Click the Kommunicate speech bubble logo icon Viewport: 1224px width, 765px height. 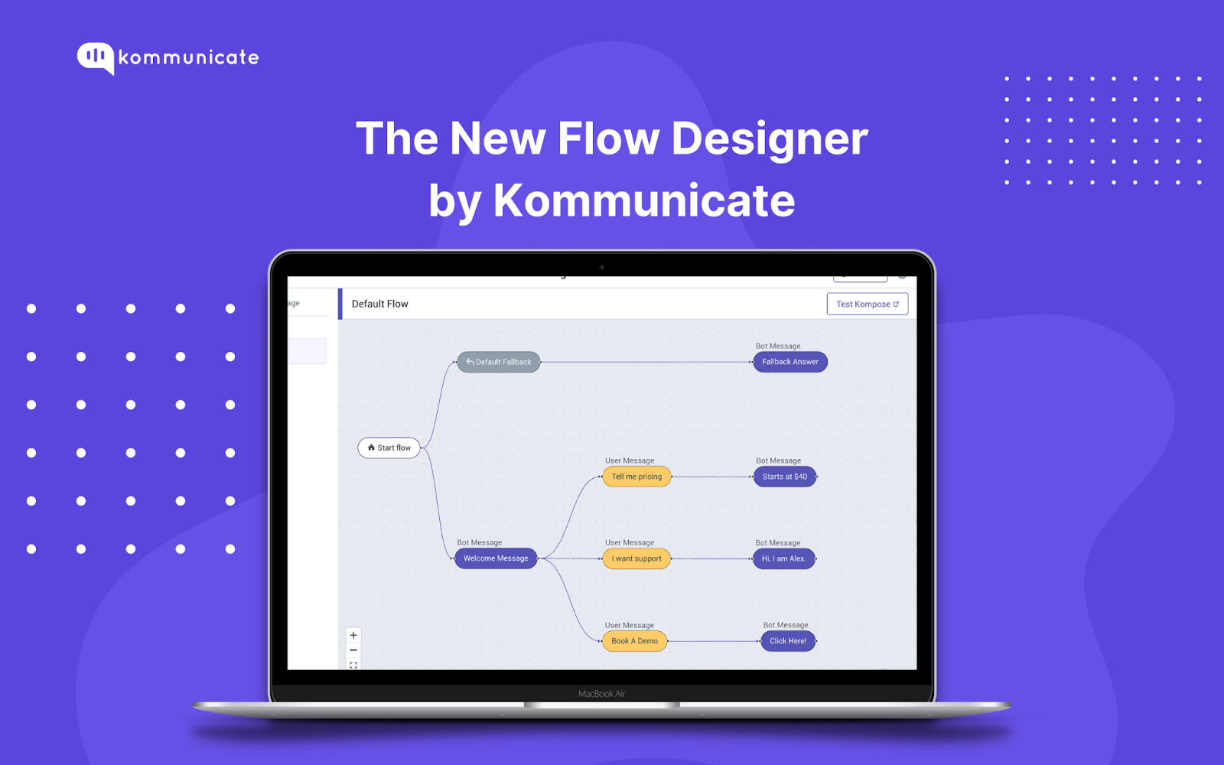[x=96, y=57]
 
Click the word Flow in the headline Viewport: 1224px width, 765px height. [x=608, y=139]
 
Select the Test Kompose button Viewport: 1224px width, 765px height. [x=867, y=304]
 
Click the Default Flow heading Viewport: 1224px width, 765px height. [x=379, y=304]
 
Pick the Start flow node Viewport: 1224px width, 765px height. [x=389, y=448]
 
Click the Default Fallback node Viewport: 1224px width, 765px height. [x=499, y=362]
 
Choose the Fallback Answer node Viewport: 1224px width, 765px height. [x=790, y=362]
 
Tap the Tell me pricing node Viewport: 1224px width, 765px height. [x=636, y=477]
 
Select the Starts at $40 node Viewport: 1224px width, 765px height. [x=784, y=477]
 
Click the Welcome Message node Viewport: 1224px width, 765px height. [x=496, y=558]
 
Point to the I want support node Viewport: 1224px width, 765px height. [x=636, y=558]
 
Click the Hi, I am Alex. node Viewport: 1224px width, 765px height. [x=784, y=558]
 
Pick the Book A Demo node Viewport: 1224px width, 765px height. [x=634, y=641]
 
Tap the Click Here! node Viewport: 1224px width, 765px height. [x=788, y=641]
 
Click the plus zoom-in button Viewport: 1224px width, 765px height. [x=353, y=635]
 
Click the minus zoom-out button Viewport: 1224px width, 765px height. [x=353, y=650]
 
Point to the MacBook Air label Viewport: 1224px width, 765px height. [x=601, y=694]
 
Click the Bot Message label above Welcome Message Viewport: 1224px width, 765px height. [x=480, y=542]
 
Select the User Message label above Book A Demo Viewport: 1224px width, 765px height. [x=629, y=625]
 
